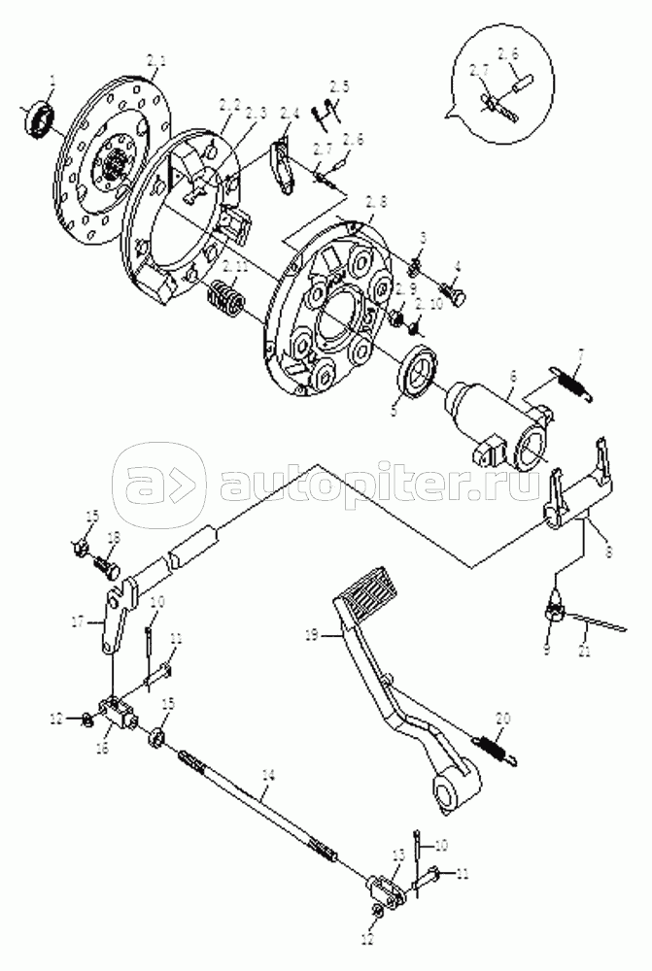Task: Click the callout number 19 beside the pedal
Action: tap(311, 636)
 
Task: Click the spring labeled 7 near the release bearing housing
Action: tap(567, 381)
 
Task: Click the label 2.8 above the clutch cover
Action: tap(375, 202)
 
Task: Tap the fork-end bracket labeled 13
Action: tap(386, 889)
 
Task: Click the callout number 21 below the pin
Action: tap(585, 652)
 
